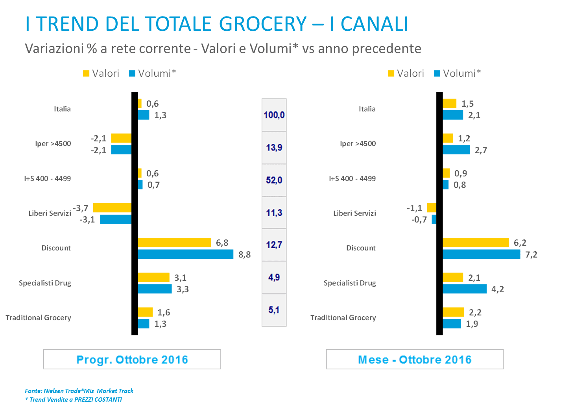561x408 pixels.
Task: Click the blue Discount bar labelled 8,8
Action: [x=186, y=254]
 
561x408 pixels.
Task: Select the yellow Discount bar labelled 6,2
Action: [x=476, y=243]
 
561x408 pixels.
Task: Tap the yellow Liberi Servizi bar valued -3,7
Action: [x=112, y=208]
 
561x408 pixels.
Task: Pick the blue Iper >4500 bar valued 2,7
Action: [x=456, y=150]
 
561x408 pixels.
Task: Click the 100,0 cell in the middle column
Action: [x=274, y=115]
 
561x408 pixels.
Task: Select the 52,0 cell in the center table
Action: [x=274, y=180]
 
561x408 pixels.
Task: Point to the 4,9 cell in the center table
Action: [x=274, y=278]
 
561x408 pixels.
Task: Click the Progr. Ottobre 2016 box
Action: [x=132, y=360]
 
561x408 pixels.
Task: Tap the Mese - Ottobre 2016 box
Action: [x=415, y=360]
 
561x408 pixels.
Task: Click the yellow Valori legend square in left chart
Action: [x=86, y=73]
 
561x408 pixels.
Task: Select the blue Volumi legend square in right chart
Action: [x=437, y=73]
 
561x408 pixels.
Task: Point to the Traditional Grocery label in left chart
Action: [x=39, y=318]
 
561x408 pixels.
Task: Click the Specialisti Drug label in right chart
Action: [x=350, y=283]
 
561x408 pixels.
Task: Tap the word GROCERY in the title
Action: [x=262, y=24]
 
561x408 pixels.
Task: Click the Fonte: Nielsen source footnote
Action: [x=79, y=391]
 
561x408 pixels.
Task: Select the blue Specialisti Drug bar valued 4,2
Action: [x=465, y=289]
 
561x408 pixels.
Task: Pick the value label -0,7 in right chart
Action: [x=419, y=220]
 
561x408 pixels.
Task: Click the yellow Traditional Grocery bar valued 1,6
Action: [x=145, y=312]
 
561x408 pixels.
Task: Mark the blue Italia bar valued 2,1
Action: [x=453, y=115]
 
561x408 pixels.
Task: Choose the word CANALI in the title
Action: [x=374, y=24]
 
